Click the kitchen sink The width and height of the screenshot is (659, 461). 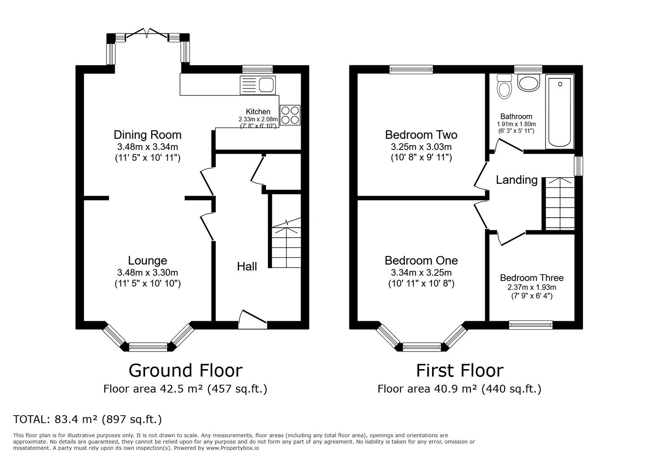coord(258,85)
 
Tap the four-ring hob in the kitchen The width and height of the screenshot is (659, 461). coord(290,115)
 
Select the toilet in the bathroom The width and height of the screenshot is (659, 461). coord(504,86)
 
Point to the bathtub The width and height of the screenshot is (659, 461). coord(560,112)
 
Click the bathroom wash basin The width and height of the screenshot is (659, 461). coord(529,83)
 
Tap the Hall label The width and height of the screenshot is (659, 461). coord(247,267)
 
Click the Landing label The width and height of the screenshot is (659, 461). coord(516,180)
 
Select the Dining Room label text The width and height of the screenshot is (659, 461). coord(148,135)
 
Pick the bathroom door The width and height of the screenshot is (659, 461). coord(509,145)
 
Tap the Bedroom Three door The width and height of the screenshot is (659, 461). coord(511,238)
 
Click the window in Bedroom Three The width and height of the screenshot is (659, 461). coord(531,325)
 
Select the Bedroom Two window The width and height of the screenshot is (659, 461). coord(411,70)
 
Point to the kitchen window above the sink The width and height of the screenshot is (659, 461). coord(258,70)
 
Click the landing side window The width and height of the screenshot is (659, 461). coord(579,166)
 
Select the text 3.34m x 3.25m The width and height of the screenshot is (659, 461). coord(421,273)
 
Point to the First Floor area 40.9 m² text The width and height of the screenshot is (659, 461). coord(459,389)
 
